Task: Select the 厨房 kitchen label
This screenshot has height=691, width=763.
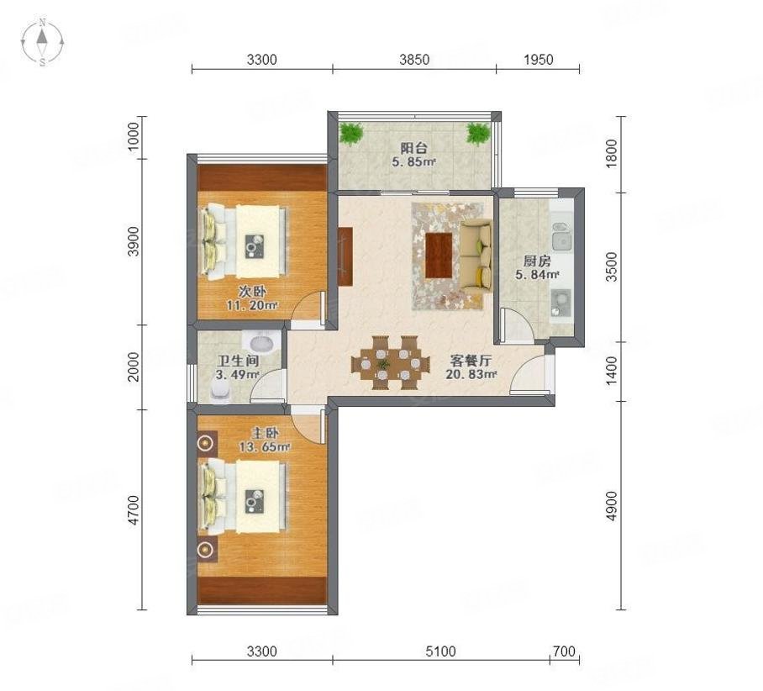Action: tap(534, 259)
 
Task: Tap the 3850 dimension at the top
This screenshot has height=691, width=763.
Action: tap(413, 60)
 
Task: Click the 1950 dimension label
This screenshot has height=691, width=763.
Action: tap(538, 60)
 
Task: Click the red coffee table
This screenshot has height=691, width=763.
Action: tap(439, 255)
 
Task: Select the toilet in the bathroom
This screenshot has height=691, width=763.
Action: tap(219, 393)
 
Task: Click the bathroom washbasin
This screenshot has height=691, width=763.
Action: tap(261, 343)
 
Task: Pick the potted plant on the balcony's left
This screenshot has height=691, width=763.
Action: tap(350, 133)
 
